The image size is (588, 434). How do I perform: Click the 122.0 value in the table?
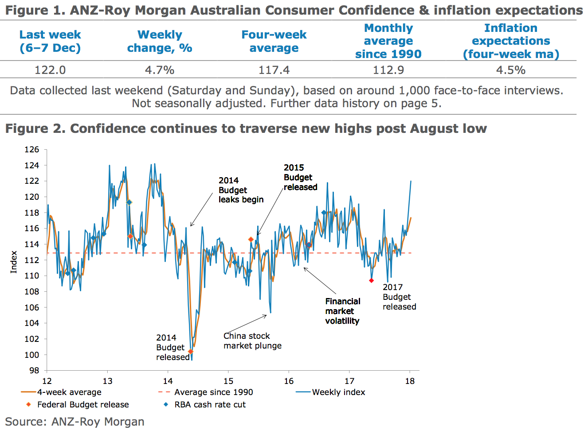50,70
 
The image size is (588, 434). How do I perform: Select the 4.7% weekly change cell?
160,70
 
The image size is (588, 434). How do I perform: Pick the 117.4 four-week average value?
274,70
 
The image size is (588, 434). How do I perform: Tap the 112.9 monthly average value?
388,70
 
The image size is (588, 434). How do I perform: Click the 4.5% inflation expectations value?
511,70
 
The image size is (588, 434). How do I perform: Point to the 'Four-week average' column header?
274,41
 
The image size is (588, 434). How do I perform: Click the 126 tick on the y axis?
32,150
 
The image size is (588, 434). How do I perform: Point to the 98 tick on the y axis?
34,370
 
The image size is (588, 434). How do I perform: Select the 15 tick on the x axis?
228,381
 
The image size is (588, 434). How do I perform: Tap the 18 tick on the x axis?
410,381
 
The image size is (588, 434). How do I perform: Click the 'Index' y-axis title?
14,262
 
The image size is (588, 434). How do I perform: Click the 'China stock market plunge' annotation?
252,341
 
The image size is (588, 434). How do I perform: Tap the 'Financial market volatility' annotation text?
342,311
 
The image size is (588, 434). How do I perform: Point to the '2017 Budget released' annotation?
399,297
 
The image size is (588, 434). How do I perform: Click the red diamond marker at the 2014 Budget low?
191,352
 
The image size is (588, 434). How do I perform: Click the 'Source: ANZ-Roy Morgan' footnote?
75,422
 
